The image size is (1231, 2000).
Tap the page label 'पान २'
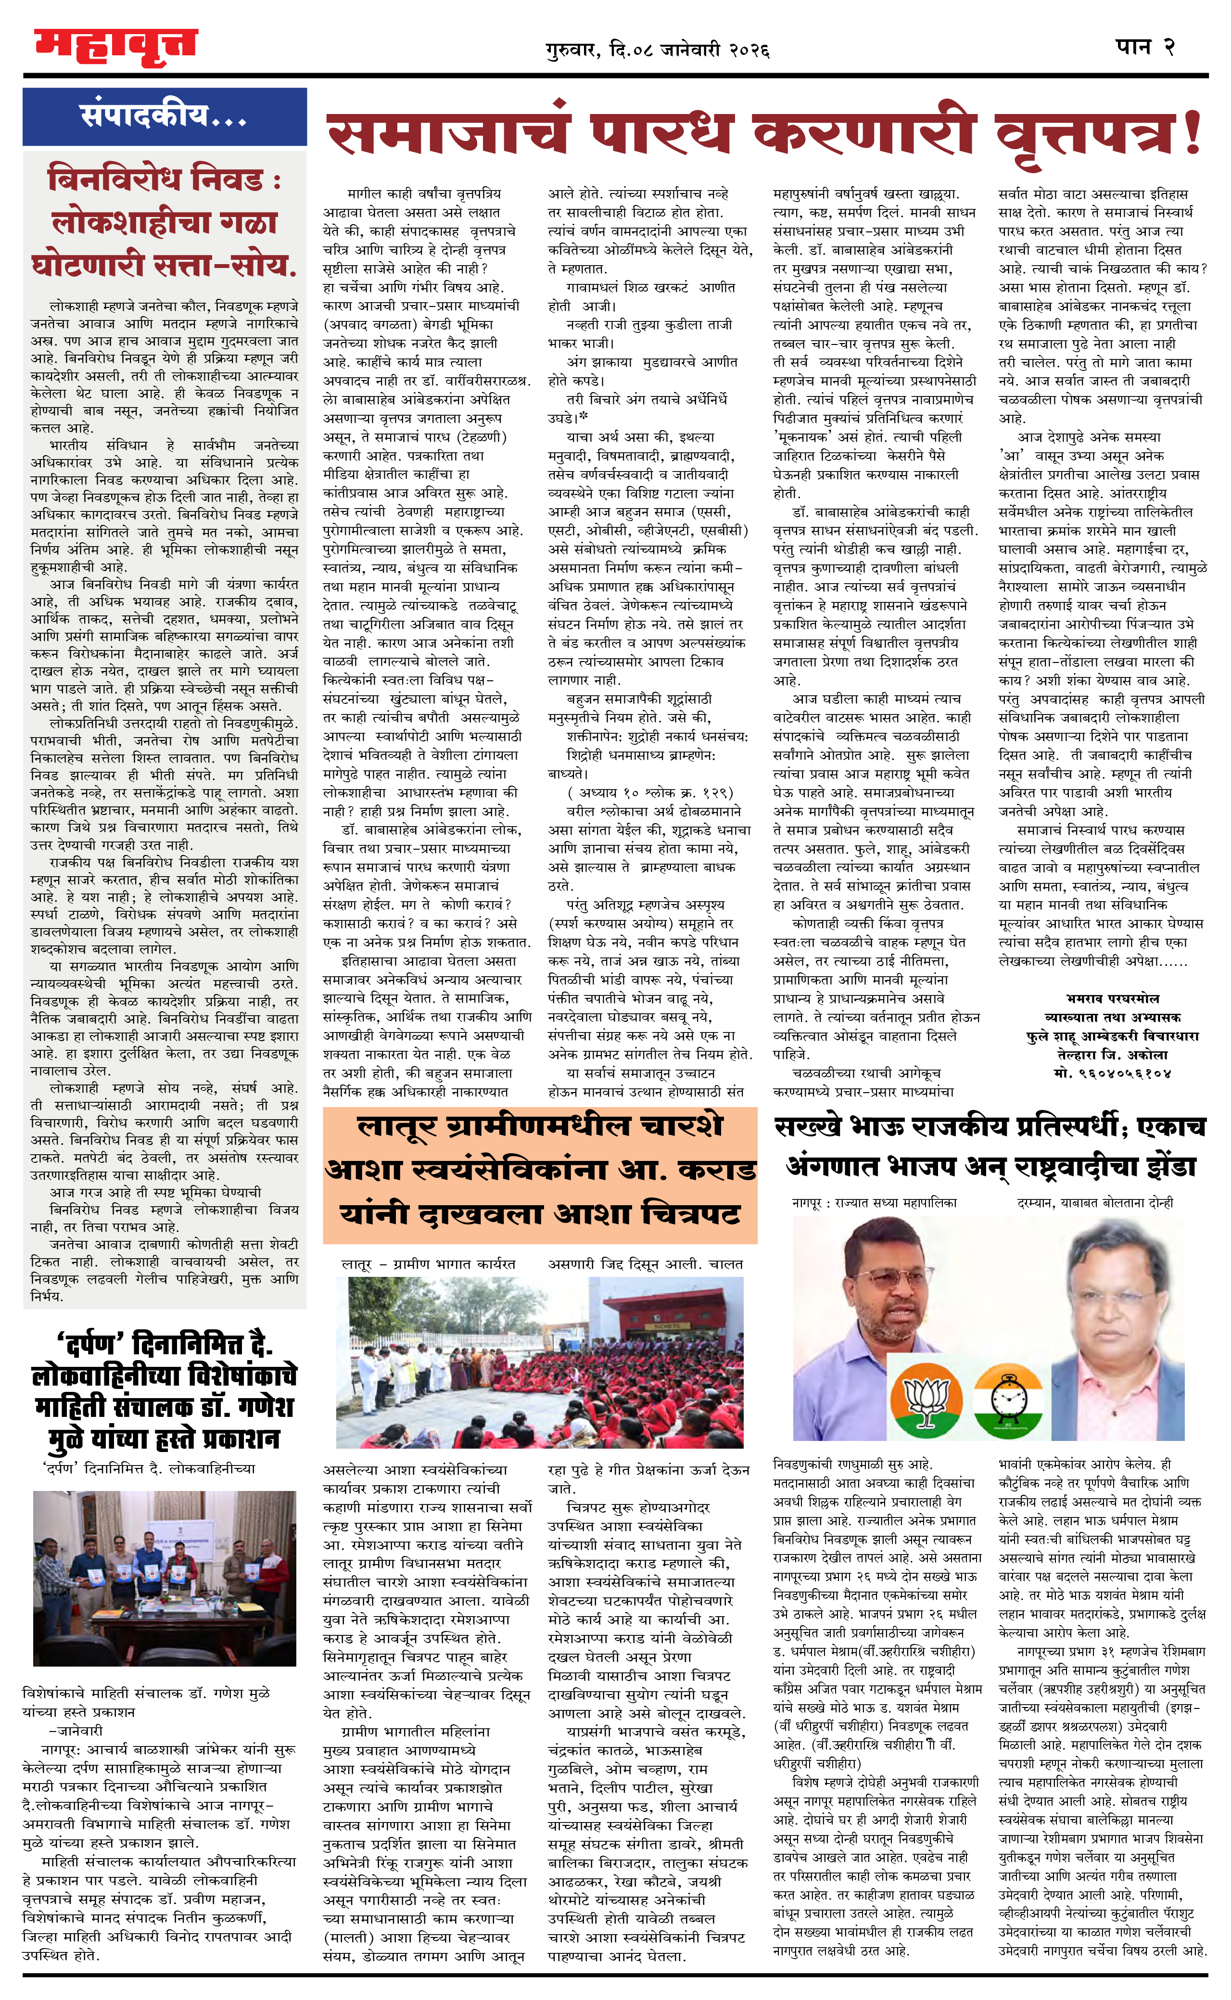1145,47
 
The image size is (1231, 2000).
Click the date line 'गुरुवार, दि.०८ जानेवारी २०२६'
658,51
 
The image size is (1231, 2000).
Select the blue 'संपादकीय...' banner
165,116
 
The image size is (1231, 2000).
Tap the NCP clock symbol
1008,1401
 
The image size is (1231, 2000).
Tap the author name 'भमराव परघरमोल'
1113,998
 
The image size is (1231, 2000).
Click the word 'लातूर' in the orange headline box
399,1128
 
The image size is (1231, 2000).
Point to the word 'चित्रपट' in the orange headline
690,1214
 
